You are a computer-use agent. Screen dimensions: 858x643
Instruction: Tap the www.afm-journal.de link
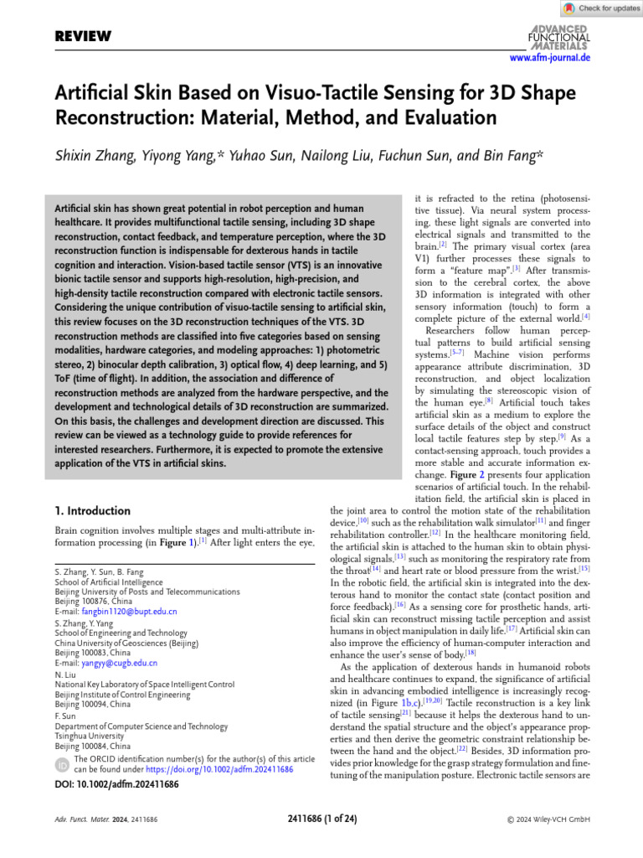[x=550, y=58]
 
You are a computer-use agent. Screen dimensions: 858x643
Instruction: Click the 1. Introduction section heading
[x=92, y=510]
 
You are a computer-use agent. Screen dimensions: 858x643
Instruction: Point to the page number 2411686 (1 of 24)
[x=321, y=817]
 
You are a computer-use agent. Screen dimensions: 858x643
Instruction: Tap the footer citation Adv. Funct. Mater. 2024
[x=91, y=817]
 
